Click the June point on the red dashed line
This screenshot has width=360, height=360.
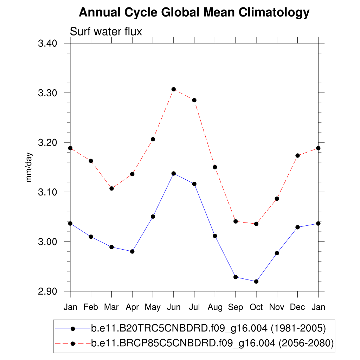click(174, 89)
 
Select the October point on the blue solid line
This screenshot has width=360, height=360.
click(256, 282)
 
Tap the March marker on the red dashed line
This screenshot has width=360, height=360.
click(111, 188)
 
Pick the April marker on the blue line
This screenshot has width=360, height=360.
click(132, 251)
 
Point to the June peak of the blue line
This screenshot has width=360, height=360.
click(174, 173)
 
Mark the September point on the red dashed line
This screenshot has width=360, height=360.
click(236, 221)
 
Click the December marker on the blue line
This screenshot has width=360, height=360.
click(297, 227)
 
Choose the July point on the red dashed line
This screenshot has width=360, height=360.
click(194, 100)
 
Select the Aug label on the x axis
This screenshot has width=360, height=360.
click(215, 307)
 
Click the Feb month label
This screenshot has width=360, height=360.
click(91, 307)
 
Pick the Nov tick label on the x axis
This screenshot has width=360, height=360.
click(277, 307)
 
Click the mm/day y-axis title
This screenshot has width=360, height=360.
click(30, 167)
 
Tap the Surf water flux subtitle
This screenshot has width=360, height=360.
click(106, 32)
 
